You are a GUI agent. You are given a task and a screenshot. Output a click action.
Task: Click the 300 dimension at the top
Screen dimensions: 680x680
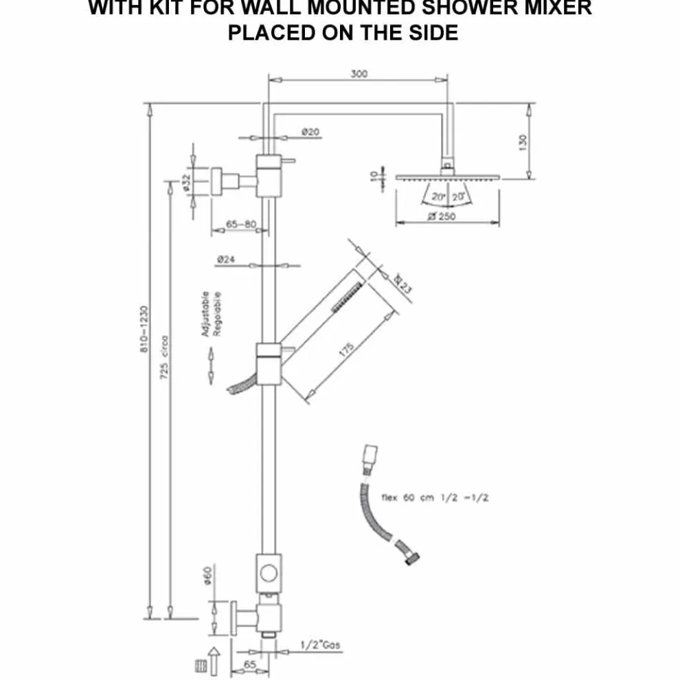[x=359, y=74]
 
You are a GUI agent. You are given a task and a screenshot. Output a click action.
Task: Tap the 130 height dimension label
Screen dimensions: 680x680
[x=523, y=142]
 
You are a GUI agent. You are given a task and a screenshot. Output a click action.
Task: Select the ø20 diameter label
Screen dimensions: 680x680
[x=310, y=132]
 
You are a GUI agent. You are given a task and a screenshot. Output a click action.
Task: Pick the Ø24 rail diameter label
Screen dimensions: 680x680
[x=226, y=260]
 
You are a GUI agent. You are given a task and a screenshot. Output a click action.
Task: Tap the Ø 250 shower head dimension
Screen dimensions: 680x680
[x=441, y=216]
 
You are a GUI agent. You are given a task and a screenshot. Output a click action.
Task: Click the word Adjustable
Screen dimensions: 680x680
[x=204, y=314]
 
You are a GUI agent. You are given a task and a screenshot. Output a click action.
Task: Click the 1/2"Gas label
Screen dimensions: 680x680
[x=320, y=645]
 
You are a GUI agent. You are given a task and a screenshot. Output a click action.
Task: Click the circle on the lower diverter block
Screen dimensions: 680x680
[x=269, y=571]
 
